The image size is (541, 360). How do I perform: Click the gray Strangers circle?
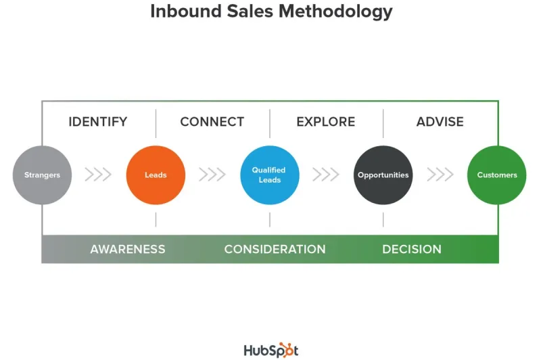coord(42,175)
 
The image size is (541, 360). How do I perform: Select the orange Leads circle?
coord(156,175)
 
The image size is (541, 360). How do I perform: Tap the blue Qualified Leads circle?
coord(269,175)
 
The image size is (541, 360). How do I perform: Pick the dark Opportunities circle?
coord(383,175)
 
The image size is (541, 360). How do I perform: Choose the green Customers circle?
coord(496,175)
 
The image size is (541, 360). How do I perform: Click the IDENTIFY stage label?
coord(98,122)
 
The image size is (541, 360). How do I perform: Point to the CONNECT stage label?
coord(212,122)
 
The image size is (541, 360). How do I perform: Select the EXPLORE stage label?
coord(325,122)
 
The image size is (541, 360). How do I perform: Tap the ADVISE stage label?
coord(440,122)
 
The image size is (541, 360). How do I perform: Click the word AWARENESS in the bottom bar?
coord(128,249)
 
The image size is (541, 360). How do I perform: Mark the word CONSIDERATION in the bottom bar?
coord(275,249)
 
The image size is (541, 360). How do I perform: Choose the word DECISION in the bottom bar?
coord(411,249)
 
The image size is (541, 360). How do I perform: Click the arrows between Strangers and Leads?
coord(98,175)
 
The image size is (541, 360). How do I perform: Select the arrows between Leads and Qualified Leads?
coord(212,175)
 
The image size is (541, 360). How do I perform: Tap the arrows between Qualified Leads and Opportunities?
coord(325,175)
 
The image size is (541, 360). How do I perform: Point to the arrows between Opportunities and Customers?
coord(440,175)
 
